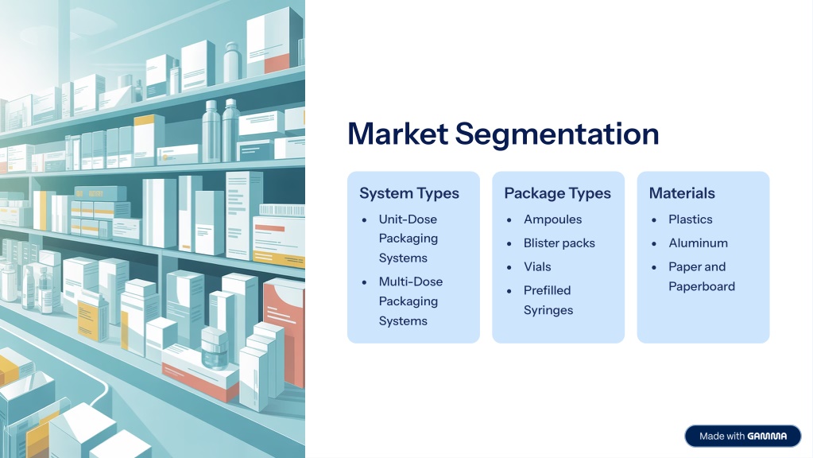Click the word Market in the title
click(x=397, y=134)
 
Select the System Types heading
click(x=409, y=193)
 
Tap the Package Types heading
click(x=557, y=193)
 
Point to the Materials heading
click(x=682, y=193)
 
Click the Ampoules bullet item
click(x=552, y=219)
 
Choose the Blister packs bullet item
click(x=559, y=243)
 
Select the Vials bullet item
click(x=537, y=266)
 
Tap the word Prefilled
click(x=547, y=290)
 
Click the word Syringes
click(x=548, y=310)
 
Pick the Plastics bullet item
click(x=690, y=219)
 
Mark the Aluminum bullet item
click(x=698, y=243)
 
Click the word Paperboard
click(x=702, y=287)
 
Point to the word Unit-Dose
click(x=408, y=219)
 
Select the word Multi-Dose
click(x=411, y=281)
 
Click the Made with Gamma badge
click(x=742, y=437)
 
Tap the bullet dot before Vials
click(x=509, y=268)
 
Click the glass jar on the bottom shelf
click(x=214, y=347)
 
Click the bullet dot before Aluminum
click(x=654, y=244)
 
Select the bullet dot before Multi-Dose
click(x=364, y=283)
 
